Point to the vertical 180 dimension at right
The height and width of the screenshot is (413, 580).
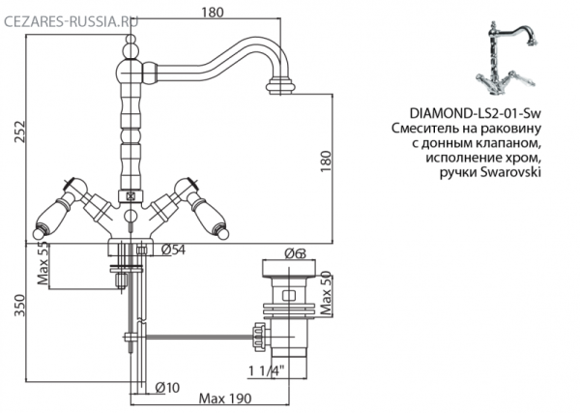click(x=328, y=159)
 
